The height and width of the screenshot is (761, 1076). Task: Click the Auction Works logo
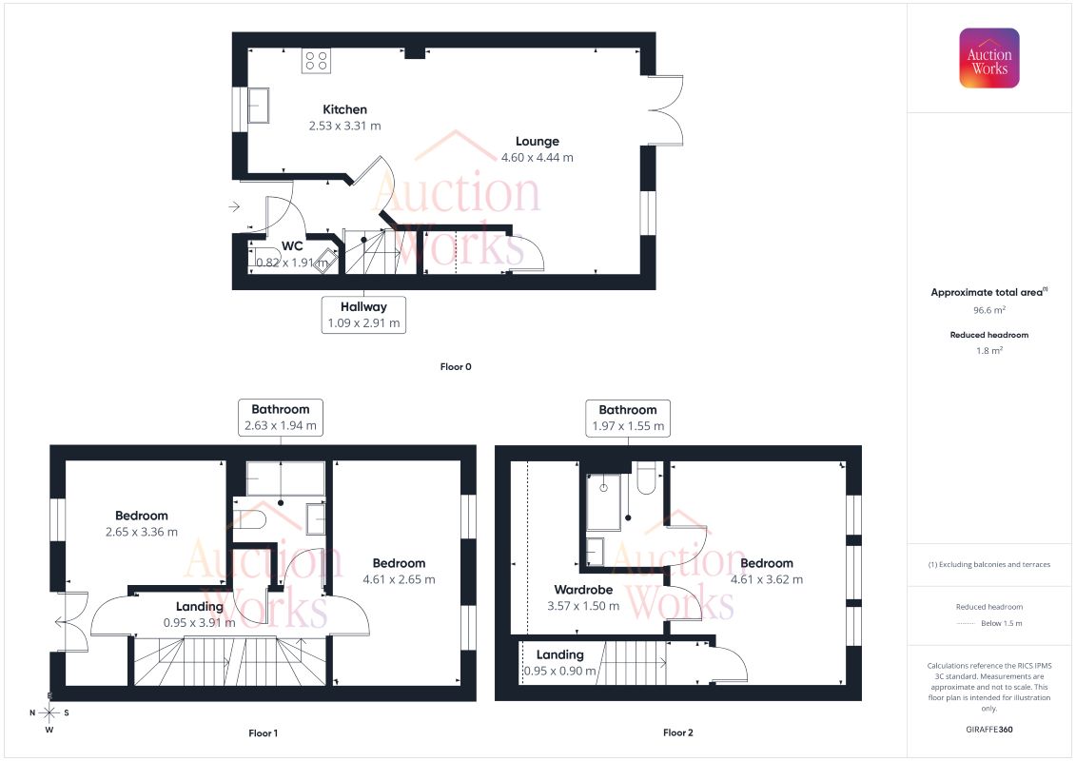coord(989,58)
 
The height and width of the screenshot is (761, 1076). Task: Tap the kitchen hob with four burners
coord(316,60)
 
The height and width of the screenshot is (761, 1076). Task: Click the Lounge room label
coord(538,142)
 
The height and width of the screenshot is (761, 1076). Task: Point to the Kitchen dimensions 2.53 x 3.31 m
coord(344,126)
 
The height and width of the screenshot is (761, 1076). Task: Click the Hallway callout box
coord(363,314)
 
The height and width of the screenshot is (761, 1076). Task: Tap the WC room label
coord(292,246)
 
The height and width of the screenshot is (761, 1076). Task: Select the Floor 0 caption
coord(456,366)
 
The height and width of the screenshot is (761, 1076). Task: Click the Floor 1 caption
coord(263,732)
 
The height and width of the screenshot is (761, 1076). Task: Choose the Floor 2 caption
coord(677,732)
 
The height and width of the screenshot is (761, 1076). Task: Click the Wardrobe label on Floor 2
coord(583,589)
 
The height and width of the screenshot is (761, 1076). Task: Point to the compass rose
coord(49,712)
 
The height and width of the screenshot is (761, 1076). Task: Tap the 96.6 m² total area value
coord(989,310)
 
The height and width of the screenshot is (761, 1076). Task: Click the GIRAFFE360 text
coord(989,729)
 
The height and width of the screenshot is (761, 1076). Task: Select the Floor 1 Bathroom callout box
coord(280,418)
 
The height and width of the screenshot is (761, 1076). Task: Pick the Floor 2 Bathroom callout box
coord(627,418)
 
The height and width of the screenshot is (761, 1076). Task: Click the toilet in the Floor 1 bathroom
coord(249,519)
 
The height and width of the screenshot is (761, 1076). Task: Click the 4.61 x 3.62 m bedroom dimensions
coord(767,579)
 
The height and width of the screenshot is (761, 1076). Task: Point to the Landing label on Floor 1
coord(200,606)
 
